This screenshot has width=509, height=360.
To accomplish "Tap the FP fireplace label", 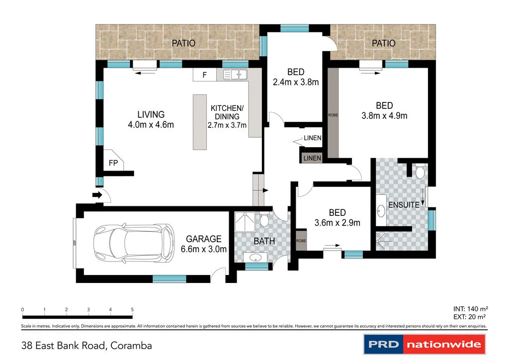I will tap(113, 163).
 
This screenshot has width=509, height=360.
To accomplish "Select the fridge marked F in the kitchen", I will tap(204, 75).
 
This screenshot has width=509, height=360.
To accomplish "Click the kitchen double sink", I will tap(235, 75).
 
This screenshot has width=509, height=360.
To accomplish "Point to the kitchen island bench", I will tap(200, 122).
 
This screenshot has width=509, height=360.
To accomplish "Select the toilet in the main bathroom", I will tap(264, 219).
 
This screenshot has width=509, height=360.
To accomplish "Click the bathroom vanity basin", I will tap(256, 258).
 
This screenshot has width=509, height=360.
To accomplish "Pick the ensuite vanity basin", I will tap(381, 211).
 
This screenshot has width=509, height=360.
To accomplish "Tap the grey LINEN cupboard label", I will tap(312, 158).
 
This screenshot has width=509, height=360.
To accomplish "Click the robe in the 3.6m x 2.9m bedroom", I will tap(301, 240).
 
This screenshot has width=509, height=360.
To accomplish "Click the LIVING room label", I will tap(151, 114).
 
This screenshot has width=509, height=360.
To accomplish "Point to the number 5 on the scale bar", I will tap(132, 310).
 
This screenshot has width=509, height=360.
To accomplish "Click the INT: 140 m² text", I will tap(469, 309).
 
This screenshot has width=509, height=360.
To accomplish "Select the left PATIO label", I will tap(183, 43).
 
